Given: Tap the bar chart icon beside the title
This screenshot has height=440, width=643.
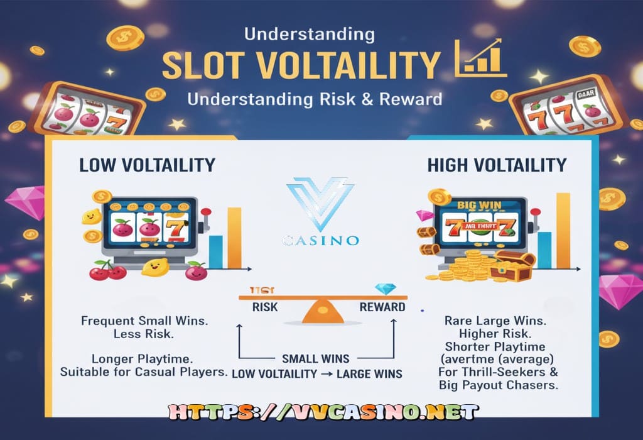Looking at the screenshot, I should (x=481, y=57).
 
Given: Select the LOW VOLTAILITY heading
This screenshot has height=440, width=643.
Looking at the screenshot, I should (x=147, y=165).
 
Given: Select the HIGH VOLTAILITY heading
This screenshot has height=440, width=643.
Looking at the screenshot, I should (x=497, y=165).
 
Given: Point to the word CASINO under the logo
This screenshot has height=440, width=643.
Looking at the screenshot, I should (x=321, y=240).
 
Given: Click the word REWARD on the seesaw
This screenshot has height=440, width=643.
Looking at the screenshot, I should (x=382, y=307).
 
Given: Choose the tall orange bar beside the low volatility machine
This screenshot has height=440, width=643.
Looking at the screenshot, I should (x=234, y=238).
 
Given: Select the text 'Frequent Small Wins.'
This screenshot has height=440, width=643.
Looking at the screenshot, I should (x=144, y=321).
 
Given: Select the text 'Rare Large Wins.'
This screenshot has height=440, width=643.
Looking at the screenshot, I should (x=495, y=321).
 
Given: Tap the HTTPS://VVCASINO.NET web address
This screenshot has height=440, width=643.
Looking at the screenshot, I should (x=321, y=412).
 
